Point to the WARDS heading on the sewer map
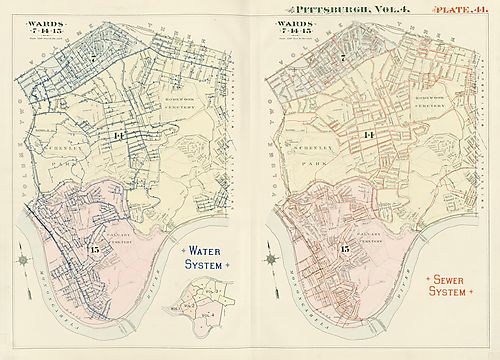296,18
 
